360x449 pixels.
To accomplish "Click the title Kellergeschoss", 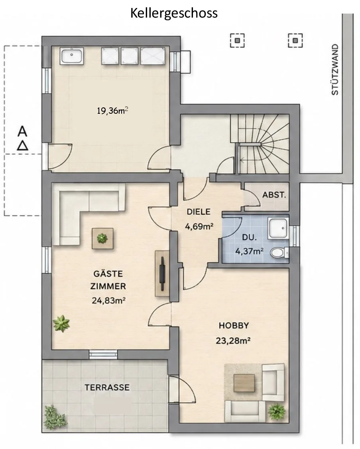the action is click(x=174, y=13).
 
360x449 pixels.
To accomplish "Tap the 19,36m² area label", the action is click(x=112, y=110).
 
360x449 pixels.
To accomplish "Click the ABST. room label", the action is click(x=274, y=195).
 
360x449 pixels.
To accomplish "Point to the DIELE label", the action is click(x=199, y=212).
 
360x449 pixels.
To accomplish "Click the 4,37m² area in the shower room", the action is click(x=249, y=251).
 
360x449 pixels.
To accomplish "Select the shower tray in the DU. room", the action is click(x=277, y=228).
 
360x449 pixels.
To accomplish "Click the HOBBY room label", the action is click(x=234, y=326).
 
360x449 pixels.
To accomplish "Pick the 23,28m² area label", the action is click(x=233, y=341).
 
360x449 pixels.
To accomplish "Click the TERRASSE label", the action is click(x=107, y=388).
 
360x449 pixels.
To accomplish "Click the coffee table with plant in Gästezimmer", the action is click(x=102, y=238).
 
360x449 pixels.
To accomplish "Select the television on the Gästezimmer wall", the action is click(x=162, y=274).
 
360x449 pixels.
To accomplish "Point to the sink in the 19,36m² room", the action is click(x=72, y=56).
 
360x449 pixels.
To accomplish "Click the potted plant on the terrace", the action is click(x=55, y=417).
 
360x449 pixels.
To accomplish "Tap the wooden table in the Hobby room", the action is click(x=244, y=383).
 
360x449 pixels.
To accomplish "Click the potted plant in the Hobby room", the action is click(x=277, y=411).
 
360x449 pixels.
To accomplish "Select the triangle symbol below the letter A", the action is click(x=22, y=146).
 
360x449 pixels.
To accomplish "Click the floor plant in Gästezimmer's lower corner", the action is click(x=61, y=324).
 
